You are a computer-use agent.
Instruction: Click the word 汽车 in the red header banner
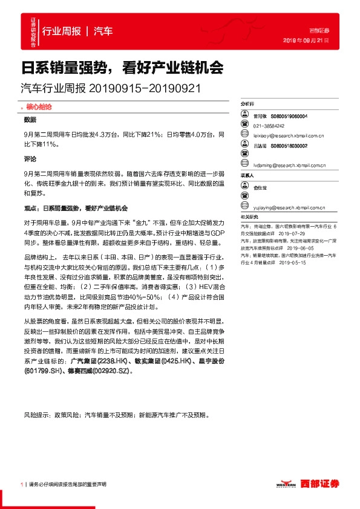(x=103, y=31)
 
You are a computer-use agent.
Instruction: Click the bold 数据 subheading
(x=30, y=120)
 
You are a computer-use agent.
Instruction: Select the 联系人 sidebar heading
(x=247, y=175)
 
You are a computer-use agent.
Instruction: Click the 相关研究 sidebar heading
(x=249, y=216)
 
